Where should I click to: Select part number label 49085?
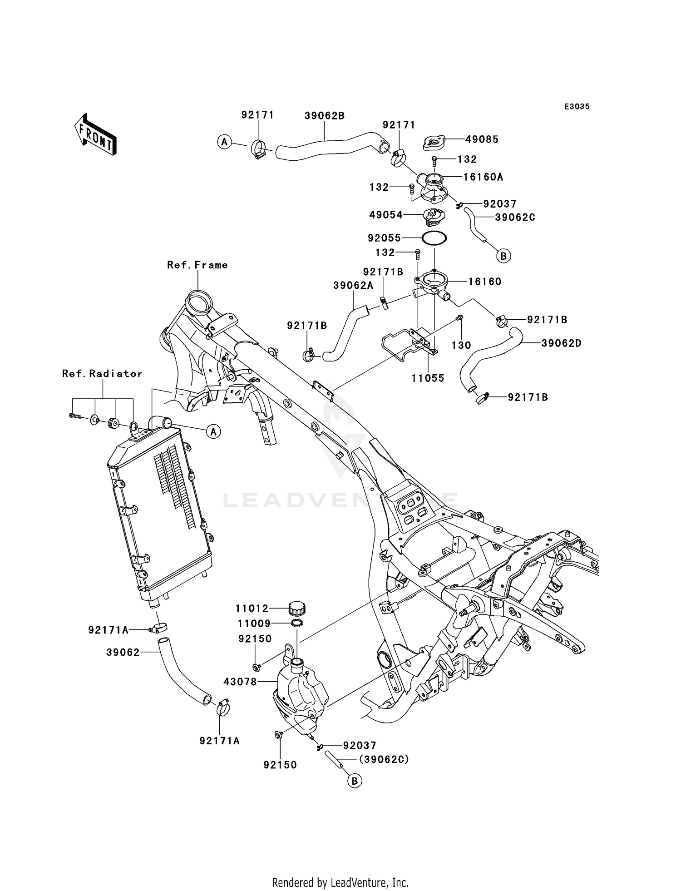pos(482,139)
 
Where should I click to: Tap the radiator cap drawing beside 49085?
pos(436,143)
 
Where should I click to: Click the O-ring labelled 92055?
pos(434,238)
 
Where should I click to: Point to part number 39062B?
pos(324,116)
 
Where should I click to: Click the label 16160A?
pos(483,177)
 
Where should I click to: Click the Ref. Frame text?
pos(197,265)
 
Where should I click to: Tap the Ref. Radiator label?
pos(102,373)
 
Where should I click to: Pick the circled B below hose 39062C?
pos(503,256)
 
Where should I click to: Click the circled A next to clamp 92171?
pos(224,142)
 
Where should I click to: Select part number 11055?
pos(428,378)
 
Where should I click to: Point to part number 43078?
pos(240,681)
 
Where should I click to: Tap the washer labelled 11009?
pos(296,623)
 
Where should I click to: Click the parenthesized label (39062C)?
pos(384,759)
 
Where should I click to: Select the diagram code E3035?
pos(577,106)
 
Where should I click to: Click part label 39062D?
pos(561,343)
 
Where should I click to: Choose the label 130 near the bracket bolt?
pos(461,345)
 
